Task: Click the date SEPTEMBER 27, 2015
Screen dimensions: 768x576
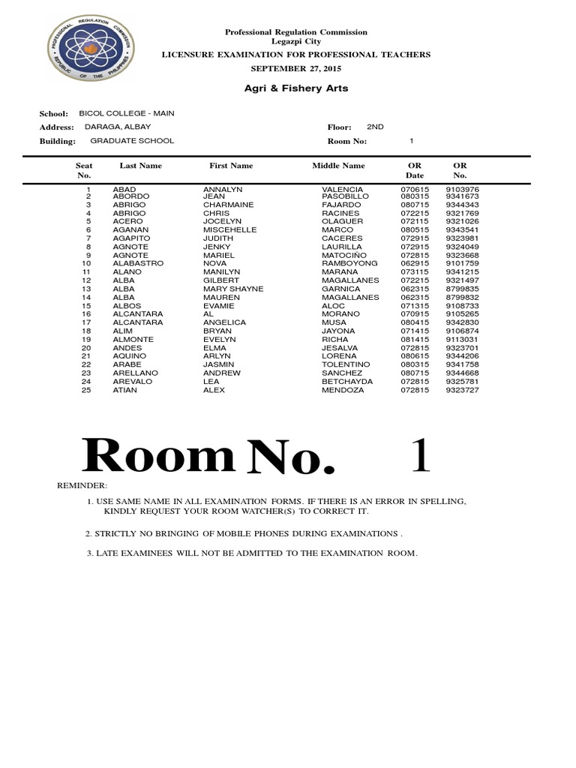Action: pos(296,67)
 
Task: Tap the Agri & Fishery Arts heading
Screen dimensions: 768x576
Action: pos(296,88)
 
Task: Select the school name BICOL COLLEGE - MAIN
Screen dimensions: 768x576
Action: pos(127,113)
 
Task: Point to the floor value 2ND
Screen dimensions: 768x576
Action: pos(375,127)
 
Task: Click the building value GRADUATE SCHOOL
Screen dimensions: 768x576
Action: pos(132,140)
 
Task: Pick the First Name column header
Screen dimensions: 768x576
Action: pos(231,166)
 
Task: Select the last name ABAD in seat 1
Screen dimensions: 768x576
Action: pos(124,189)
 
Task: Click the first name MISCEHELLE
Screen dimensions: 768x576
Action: pos(230,230)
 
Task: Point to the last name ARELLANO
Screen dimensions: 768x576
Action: pos(135,373)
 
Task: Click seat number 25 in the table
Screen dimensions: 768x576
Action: pos(86,390)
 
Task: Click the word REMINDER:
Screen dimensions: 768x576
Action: pos(82,487)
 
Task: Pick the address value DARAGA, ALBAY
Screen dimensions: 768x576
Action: pos(116,127)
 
